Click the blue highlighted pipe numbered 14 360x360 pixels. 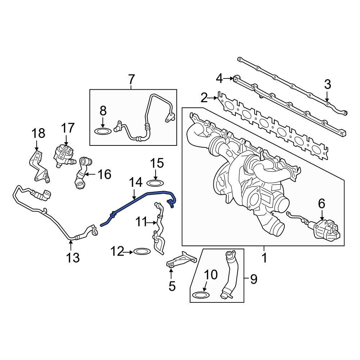(x=137, y=201)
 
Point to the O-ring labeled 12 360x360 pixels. (x=141, y=251)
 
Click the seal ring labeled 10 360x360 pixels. (x=201, y=295)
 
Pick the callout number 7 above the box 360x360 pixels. (x=131, y=79)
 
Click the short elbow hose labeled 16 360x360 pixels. (x=81, y=172)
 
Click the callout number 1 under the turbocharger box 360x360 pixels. (x=264, y=258)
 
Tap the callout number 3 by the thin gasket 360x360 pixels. (x=327, y=85)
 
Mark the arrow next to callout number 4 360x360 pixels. (x=228, y=78)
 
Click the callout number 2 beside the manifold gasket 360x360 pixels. (x=204, y=98)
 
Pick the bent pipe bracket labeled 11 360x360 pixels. (x=158, y=230)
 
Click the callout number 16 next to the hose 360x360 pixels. (x=104, y=175)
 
